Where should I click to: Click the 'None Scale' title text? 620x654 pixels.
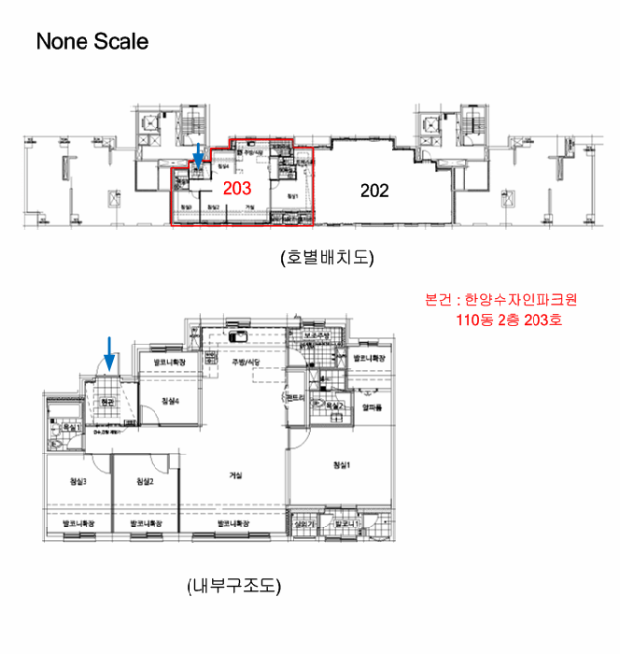92,42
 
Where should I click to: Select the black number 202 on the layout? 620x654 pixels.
374,191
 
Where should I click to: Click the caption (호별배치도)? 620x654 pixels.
326,257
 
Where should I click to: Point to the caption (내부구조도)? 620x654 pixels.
233,587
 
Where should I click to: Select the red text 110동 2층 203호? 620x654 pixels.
501,320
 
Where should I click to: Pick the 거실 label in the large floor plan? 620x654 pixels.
235,476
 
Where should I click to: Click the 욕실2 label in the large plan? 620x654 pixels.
334,406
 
